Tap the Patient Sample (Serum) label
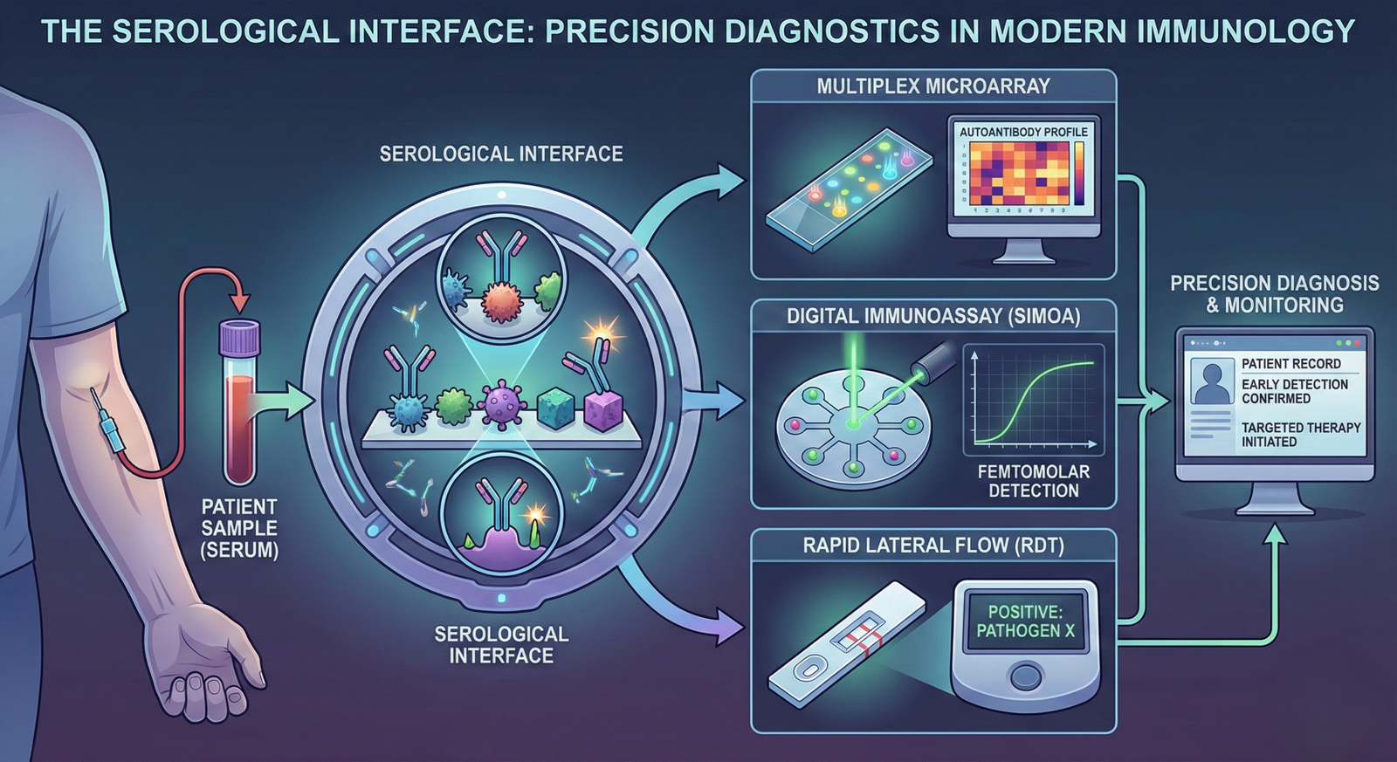pyautogui.click(x=239, y=528)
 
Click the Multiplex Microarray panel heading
pyautogui.click(x=933, y=86)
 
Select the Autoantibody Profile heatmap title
pyautogui.click(x=1023, y=132)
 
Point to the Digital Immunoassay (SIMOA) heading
pyautogui.click(x=933, y=317)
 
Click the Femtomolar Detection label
pyautogui.click(x=1033, y=481)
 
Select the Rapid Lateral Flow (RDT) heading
pyautogui.click(x=933, y=546)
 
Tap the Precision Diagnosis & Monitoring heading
pyautogui.click(x=1274, y=294)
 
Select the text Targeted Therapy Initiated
pyautogui.click(x=1301, y=435)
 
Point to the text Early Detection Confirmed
pyautogui.click(x=1294, y=391)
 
